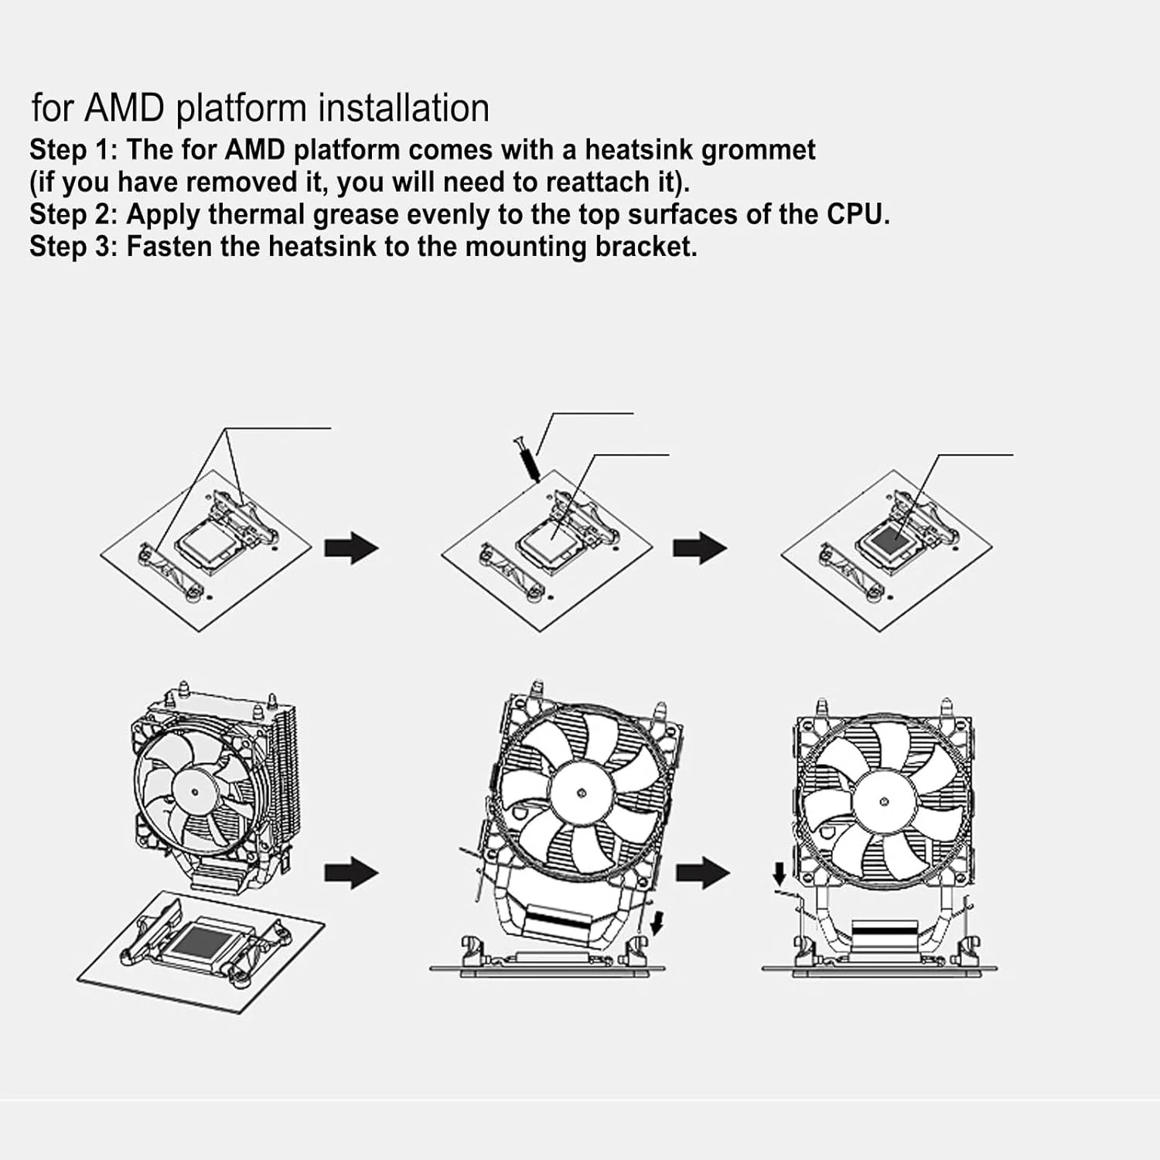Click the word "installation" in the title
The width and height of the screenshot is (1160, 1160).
point(404,107)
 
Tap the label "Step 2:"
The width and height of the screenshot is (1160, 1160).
point(73,214)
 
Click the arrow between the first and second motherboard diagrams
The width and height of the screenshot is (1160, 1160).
point(351,548)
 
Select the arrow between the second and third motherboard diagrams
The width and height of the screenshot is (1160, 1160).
point(699,548)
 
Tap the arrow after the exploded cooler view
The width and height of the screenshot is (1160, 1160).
point(351,873)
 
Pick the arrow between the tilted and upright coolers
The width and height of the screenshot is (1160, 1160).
point(702,873)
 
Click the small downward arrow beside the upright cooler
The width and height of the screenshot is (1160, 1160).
point(780,875)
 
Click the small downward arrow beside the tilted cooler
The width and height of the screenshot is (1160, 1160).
point(657,922)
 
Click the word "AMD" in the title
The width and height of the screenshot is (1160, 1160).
point(124,107)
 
